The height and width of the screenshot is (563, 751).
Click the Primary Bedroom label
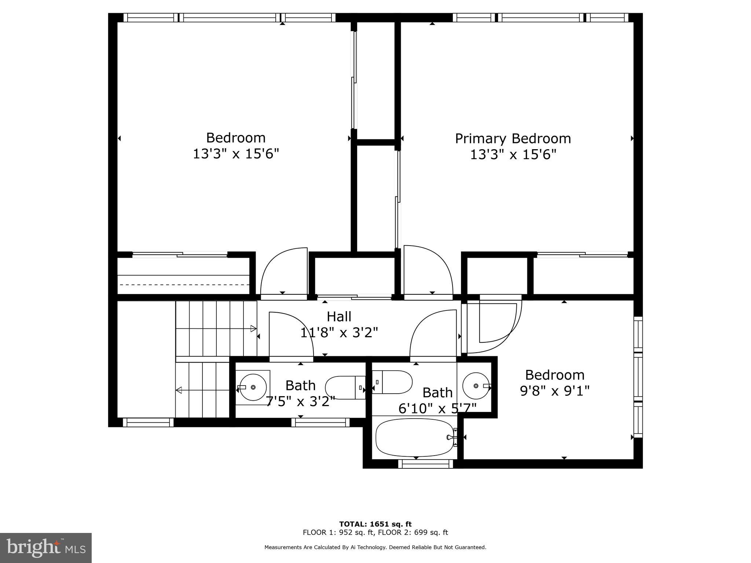point(513,139)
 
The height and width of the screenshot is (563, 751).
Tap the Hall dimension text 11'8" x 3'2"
point(339,333)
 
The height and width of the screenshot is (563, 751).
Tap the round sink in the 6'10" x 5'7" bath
point(476,386)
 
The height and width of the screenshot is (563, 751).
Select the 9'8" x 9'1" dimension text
point(554,391)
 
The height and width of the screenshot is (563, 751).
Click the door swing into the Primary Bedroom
point(427,269)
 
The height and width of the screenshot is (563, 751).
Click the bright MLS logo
point(46,548)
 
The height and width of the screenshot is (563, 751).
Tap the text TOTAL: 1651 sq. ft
point(375,524)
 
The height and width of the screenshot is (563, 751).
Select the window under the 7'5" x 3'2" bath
point(320,423)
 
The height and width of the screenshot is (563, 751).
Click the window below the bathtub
point(425,464)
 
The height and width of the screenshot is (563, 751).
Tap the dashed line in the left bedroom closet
point(183,284)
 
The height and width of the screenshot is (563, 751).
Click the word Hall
point(339,317)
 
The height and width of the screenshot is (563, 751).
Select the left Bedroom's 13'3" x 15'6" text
point(236,154)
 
